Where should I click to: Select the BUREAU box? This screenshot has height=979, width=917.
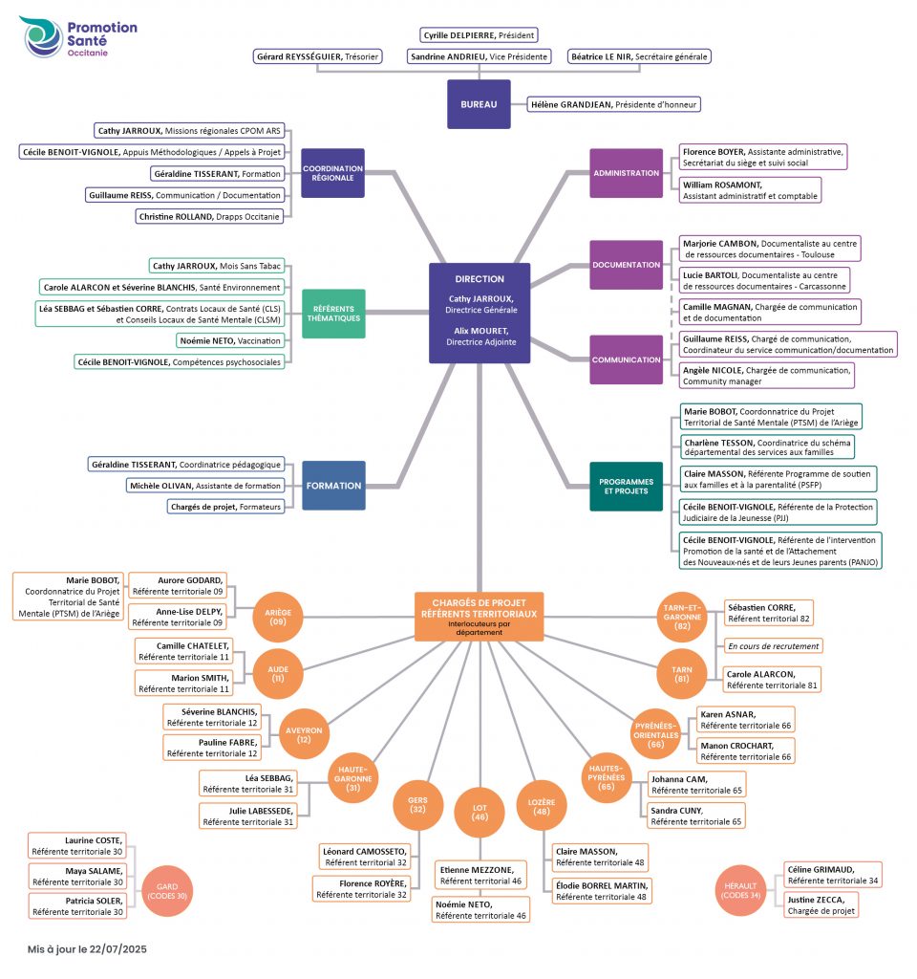tap(479, 104)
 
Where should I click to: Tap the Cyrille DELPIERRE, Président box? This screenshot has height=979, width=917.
tap(479, 35)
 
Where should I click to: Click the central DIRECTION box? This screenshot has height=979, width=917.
tap(480, 313)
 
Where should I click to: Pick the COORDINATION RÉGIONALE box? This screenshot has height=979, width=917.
tap(332, 173)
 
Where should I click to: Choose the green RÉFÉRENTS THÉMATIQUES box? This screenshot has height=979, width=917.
tap(333, 314)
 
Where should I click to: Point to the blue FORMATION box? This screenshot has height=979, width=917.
tap(333, 485)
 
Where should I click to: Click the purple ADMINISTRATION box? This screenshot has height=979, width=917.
tap(626, 173)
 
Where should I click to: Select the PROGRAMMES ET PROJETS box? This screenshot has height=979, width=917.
tap(626, 487)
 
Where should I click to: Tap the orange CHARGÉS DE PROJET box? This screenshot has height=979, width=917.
tap(479, 617)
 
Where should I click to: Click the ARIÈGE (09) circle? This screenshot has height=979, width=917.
tap(278, 617)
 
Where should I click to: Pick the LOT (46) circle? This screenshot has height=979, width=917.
tap(480, 813)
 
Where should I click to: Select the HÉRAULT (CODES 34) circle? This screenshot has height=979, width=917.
tap(740, 890)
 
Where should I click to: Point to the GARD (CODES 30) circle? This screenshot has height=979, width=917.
tap(167, 891)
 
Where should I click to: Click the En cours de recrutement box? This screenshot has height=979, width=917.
tap(773, 646)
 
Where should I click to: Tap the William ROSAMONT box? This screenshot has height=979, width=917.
tap(749, 190)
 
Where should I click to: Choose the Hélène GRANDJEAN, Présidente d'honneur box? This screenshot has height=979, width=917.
tap(613, 105)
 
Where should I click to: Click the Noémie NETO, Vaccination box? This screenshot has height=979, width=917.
tap(230, 341)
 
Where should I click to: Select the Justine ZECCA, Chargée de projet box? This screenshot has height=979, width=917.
tap(821, 905)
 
